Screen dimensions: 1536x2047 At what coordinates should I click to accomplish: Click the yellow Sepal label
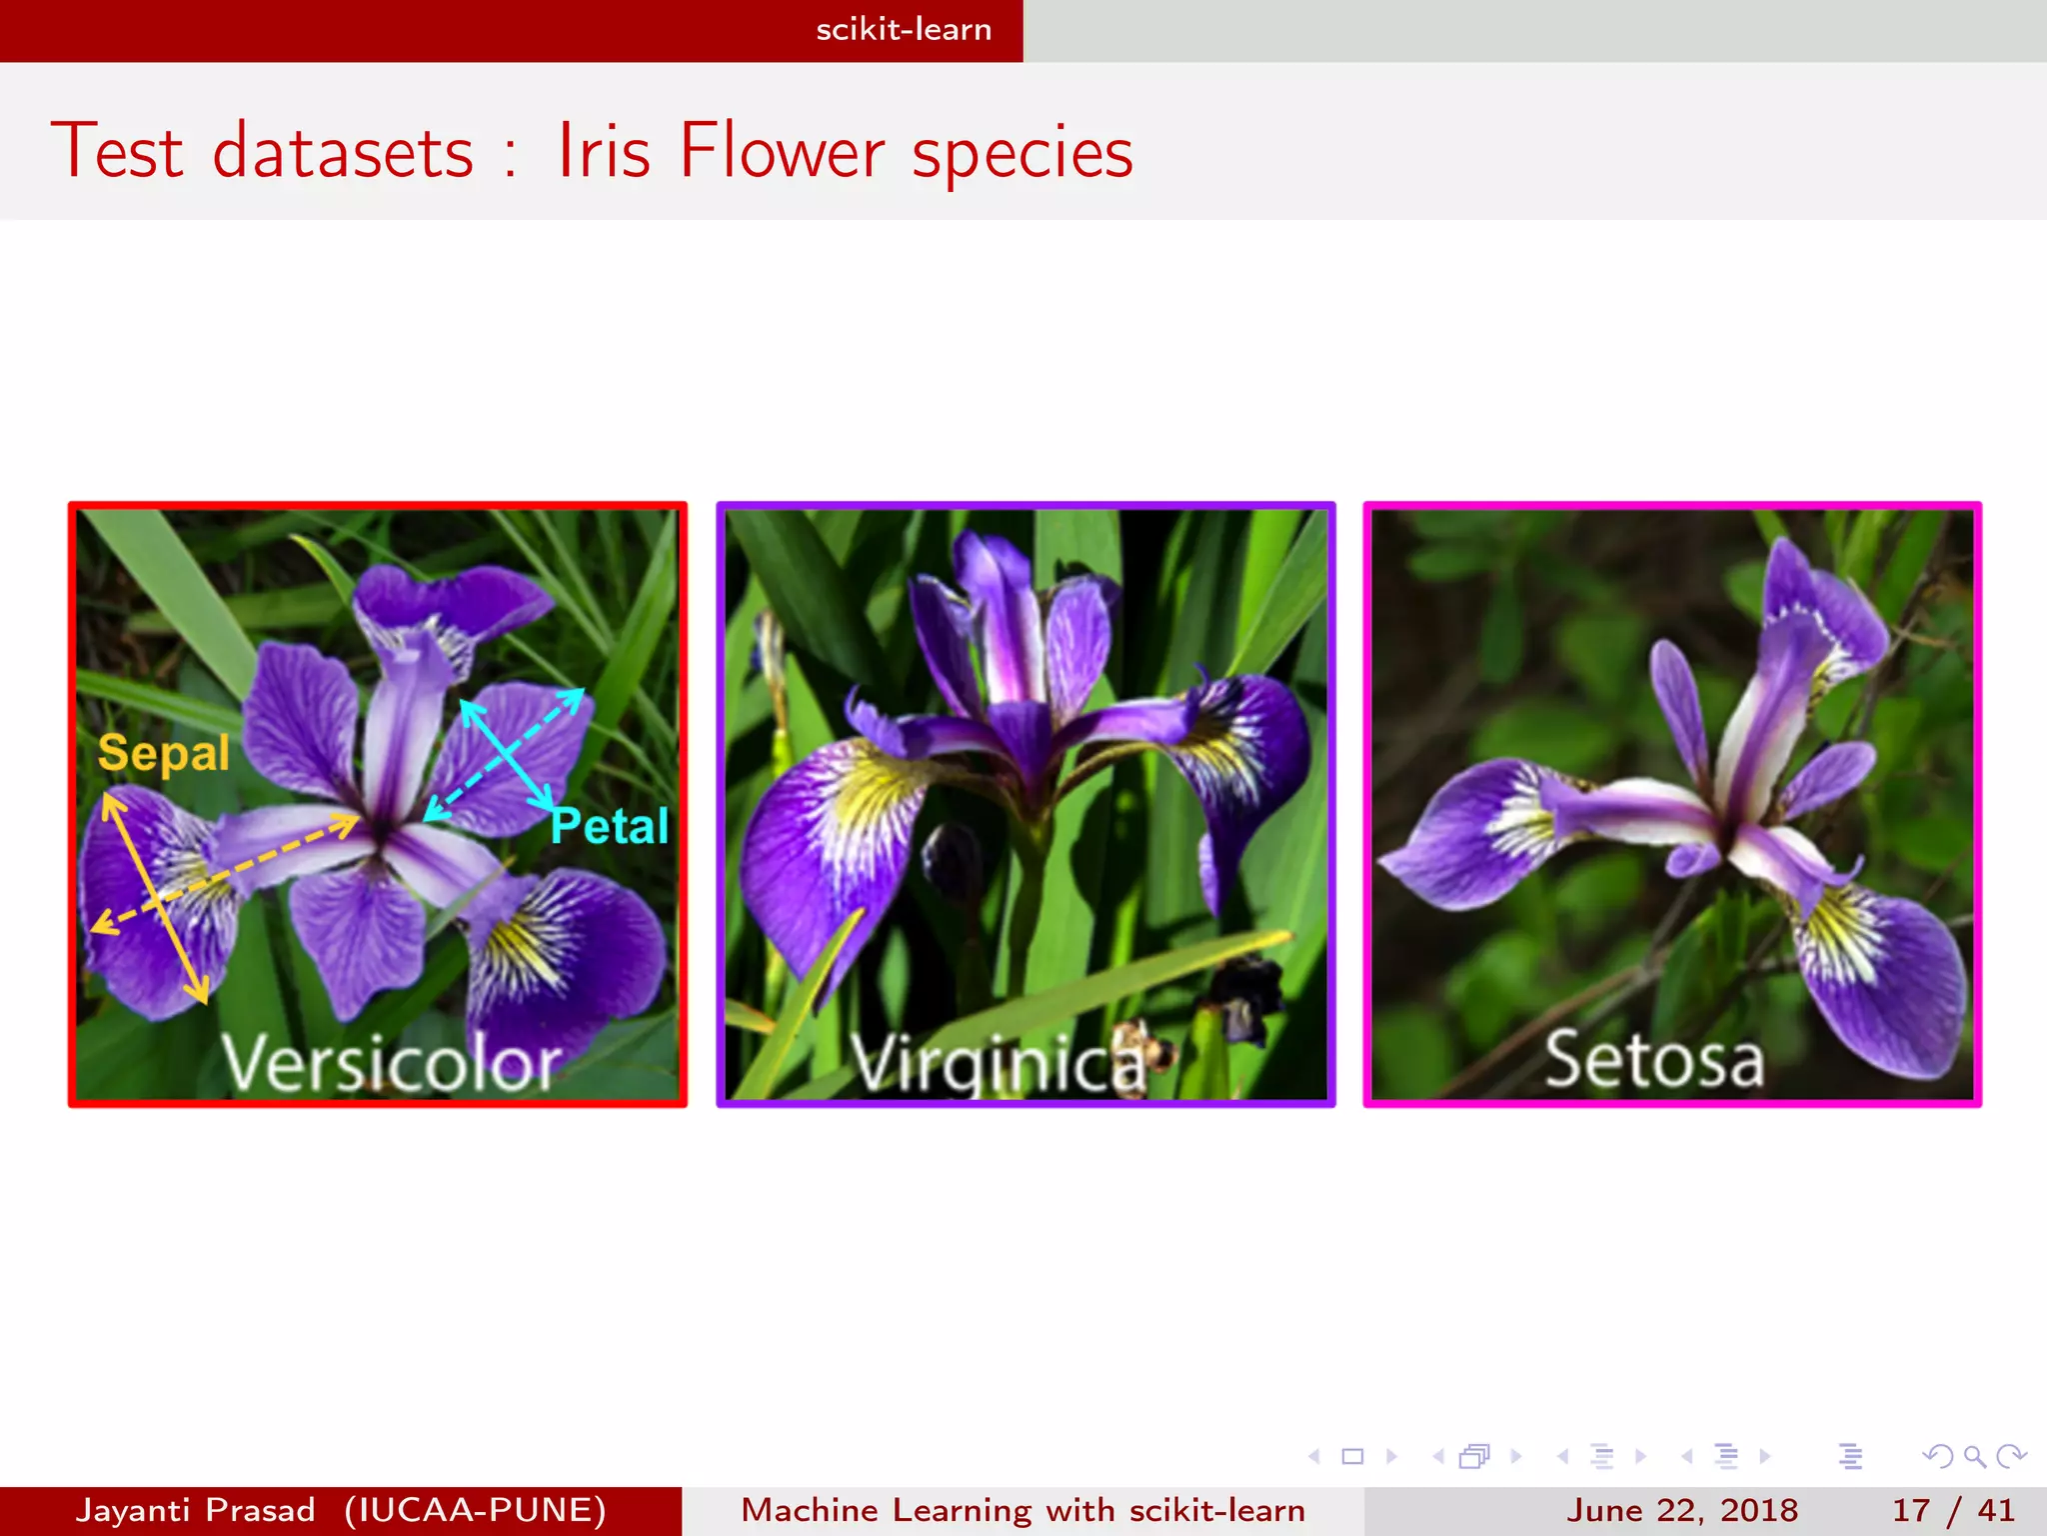point(163,754)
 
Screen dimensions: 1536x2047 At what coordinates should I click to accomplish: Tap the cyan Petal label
point(610,826)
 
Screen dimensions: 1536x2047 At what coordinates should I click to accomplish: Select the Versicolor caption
point(391,1062)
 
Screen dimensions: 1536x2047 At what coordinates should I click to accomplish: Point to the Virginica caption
point(999,1062)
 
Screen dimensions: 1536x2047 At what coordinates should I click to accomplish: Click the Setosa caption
point(1654,1060)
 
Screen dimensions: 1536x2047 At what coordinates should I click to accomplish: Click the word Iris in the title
point(604,152)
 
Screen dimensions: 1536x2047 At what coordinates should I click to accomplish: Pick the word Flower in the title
point(782,152)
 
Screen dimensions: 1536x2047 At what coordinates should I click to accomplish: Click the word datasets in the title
point(343,152)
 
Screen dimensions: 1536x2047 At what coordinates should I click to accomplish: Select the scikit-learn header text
point(904,30)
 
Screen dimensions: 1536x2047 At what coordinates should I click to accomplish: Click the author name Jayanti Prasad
point(196,1510)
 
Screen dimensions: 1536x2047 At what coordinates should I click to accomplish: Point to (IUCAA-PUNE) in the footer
point(475,1510)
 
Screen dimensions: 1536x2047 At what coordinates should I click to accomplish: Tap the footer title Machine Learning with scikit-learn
point(1023,1510)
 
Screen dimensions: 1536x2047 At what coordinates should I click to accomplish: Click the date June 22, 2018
point(1682,1510)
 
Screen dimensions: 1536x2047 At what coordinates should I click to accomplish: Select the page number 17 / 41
point(1953,1510)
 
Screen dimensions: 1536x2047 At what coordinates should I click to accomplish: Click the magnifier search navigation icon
point(1974,1456)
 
